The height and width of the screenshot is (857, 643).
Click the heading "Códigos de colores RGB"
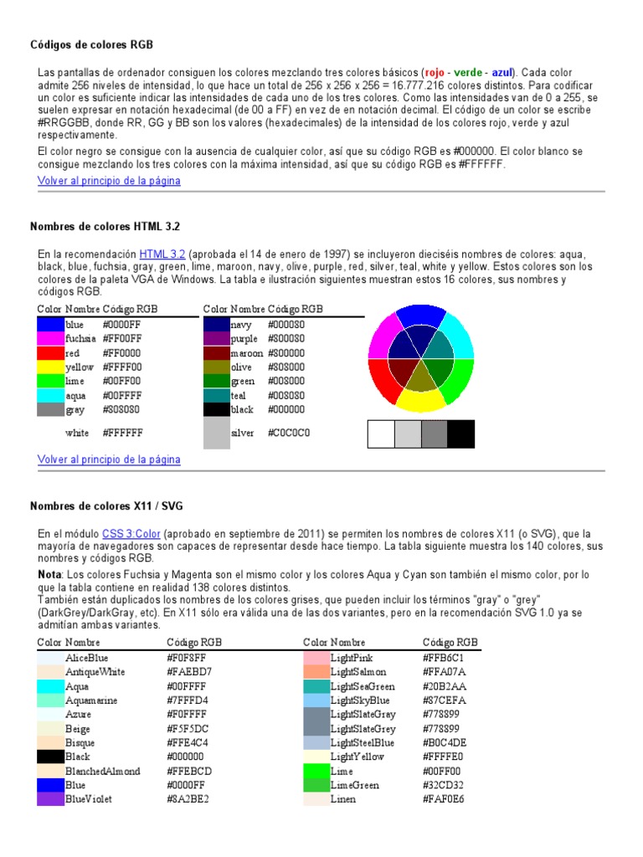pos(91,44)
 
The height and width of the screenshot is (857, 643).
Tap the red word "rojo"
pos(435,72)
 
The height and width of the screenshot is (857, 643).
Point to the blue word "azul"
pos(502,72)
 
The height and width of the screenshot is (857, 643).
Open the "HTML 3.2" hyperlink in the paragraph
pos(163,254)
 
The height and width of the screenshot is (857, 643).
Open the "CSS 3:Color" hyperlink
pos(131,534)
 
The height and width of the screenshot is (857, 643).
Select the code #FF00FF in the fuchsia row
pos(122,339)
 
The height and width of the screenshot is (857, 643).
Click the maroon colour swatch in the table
pos(216,353)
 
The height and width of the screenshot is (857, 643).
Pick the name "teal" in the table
pos(239,396)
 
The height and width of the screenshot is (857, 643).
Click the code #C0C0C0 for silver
pos(289,434)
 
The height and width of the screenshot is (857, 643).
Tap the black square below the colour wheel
pos(460,434)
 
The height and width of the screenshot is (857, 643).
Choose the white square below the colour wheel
pos(381,434)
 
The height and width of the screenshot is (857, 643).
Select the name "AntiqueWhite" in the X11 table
pos(95,672)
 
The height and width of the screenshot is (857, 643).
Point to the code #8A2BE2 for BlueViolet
pos(188,799)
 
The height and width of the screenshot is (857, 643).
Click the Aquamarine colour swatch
pos(50,700)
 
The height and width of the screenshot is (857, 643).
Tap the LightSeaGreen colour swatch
pos(316,686)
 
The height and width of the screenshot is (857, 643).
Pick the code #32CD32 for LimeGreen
pos(444,785)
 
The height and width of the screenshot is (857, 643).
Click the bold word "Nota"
pos(49,575)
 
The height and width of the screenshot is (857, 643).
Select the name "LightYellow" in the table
pos(358,757)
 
